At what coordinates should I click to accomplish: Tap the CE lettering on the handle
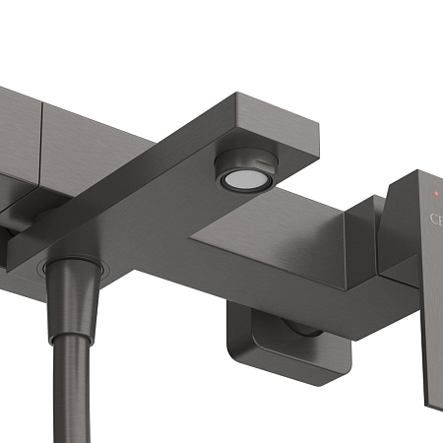434,220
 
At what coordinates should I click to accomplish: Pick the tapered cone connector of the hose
71,294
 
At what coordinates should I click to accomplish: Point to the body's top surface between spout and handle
295,212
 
